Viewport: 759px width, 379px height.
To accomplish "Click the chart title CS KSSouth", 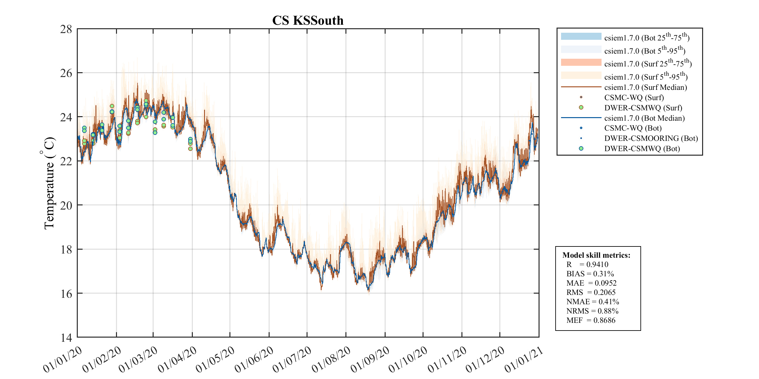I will [308, 21].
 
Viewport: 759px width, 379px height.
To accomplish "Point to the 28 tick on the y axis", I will [66, 29].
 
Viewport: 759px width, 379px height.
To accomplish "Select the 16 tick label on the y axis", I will [66, 294].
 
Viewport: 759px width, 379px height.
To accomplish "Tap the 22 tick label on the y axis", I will [66, 161].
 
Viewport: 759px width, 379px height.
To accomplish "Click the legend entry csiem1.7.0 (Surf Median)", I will [645, 87].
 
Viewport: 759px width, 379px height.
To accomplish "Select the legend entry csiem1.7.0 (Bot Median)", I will [644, 118].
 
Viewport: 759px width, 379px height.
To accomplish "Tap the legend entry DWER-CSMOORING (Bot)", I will [651, 138].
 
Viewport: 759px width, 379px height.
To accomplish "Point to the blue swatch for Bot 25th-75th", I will [581, 36].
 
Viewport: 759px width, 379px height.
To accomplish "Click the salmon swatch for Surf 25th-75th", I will [581, 62].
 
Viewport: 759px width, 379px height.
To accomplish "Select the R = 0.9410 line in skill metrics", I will [587, 264].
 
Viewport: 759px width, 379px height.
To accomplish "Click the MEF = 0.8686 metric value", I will [604, 320].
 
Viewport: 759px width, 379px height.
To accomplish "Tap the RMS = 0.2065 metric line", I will [591, 292].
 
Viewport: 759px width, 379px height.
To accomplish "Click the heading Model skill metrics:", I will [596, 255].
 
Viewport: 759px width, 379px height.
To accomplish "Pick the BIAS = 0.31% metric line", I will [590, 274].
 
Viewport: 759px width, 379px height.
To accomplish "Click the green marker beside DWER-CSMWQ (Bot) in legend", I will [581, 149].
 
